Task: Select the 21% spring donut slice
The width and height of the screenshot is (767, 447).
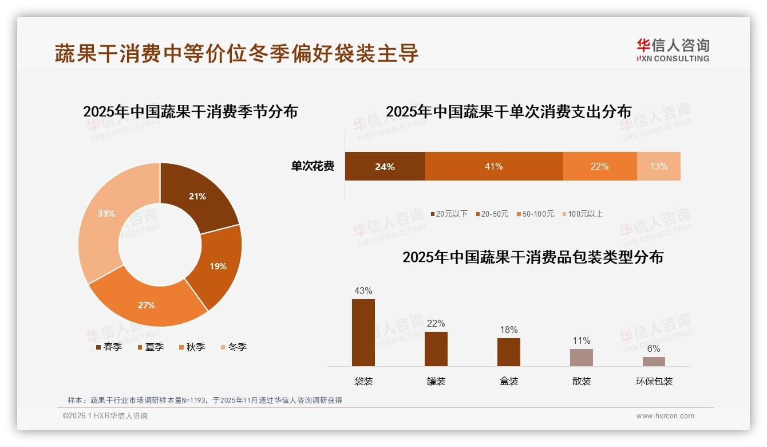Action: tap(197, 197)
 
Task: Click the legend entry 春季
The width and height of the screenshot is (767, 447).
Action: tap(108, 347)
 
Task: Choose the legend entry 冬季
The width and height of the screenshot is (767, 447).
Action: tap(233, 347)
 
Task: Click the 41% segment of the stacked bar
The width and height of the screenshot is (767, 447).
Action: tap(493, 166)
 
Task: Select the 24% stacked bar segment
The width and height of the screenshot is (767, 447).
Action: tap(385, 166)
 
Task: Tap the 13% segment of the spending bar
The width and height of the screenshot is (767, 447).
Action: tap(658, 166)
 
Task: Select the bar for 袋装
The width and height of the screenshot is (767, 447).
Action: tap(363, 332)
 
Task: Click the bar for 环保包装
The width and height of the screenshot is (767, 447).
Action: tap(654, 362)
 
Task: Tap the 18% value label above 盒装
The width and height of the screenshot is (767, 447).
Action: tap(508, 330)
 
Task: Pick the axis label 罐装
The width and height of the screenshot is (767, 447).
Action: tap(436, 381)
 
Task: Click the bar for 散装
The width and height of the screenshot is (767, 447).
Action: tap(581, 357)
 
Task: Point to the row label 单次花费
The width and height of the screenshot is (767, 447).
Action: tap(313, 166)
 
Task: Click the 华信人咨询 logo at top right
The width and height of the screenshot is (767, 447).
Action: tap(673, 50)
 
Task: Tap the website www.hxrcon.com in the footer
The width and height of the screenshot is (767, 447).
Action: tap(665, 416)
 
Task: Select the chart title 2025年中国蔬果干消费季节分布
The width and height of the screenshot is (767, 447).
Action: tap(190, 111)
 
